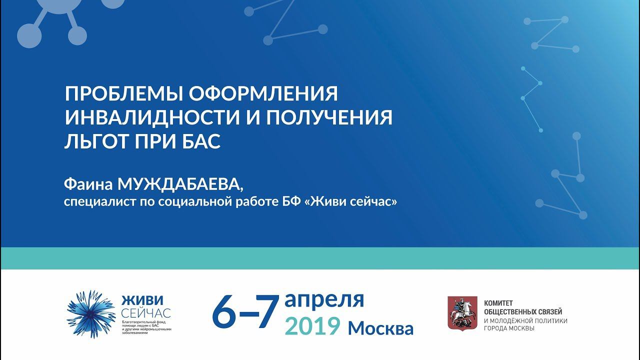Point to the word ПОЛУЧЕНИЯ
tap(329, 117)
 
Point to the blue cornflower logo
tap(91, 313)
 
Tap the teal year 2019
tap(312, 326)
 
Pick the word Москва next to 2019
tap(380, 328)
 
